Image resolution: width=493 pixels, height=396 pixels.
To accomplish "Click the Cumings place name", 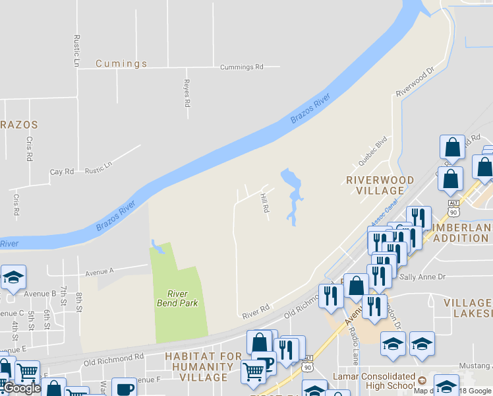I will pyautogui.click(x=121, y=64).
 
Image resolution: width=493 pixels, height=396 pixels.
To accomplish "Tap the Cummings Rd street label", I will pyautogui.click(x=241, y=67).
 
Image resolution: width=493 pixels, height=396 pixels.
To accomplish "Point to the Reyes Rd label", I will pyautogui.click(x=187, y=95).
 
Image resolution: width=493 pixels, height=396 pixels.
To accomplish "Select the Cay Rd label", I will pyautogui.click(x=62, y=172).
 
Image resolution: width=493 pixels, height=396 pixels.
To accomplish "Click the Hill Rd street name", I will pyautogui.click(x=266, y=203).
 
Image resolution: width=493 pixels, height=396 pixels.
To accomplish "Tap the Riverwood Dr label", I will pyautogui.click(x=416, y=82).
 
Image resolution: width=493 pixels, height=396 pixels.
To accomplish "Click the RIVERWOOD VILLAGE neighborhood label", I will pyautogui.click(x=380, y=185).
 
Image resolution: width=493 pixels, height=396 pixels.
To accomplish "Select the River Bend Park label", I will pyautogui.click(x=177, y=298).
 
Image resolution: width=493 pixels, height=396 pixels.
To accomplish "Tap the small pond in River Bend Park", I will pyautogui.click(x=156, y=247).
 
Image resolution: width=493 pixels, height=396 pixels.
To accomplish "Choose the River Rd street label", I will pyautogui.click(x=256, y=308).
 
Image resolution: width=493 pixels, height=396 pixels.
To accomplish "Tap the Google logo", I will pyautogui.click(x=22, y=388).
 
